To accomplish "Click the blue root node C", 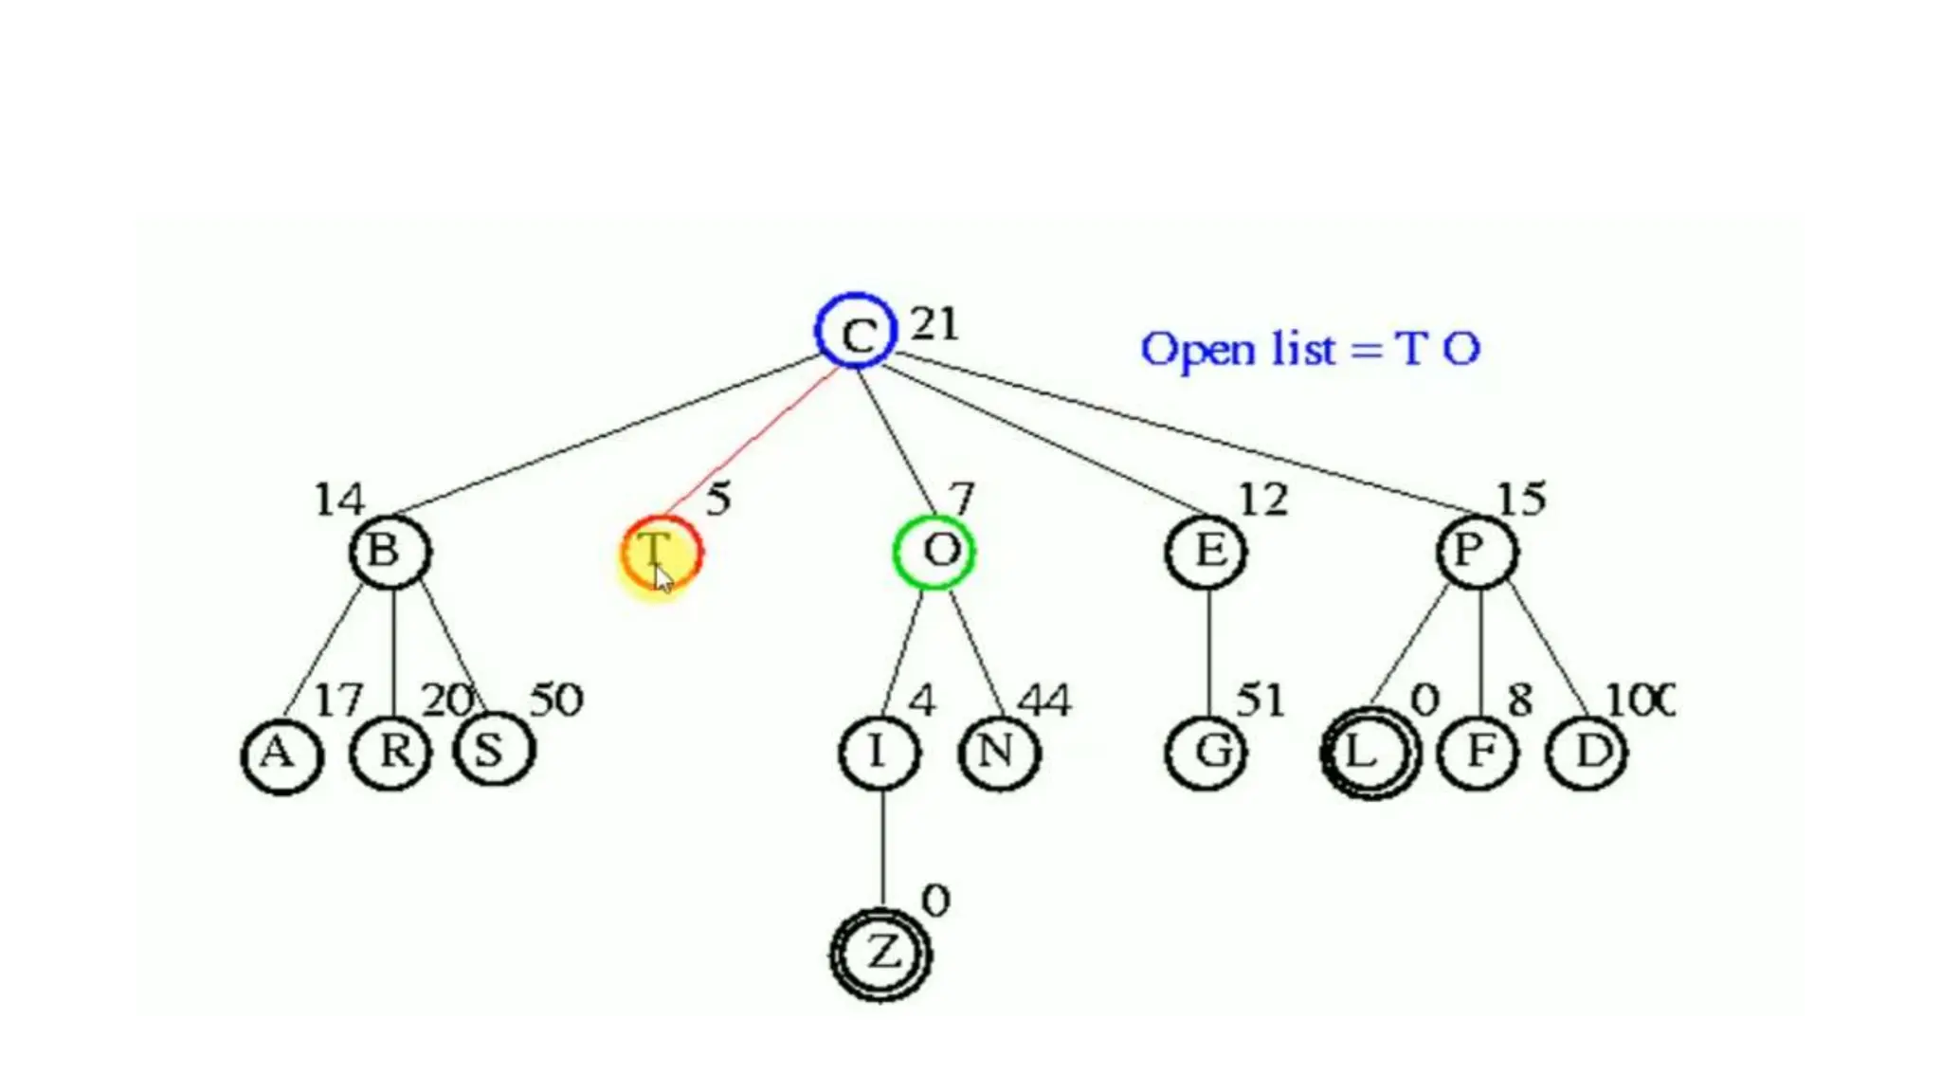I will click(856, 331).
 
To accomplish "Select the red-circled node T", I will click(662, 553).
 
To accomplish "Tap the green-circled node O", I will click(934, 552).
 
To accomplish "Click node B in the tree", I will click(390, 552).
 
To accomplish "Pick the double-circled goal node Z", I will click(880, 954).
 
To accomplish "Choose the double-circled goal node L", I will click(1370, 753).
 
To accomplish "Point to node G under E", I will click(1206, 753).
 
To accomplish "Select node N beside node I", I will click(999, 753).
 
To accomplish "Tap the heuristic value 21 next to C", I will click(934, 325).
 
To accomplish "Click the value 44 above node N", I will click(1043, 701).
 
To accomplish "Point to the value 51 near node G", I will click(1261, 701).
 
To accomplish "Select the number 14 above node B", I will click(338, 500).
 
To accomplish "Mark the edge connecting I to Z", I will click(883, 848).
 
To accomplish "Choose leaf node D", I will click(1587, 753).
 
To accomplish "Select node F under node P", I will click(1478, 753).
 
